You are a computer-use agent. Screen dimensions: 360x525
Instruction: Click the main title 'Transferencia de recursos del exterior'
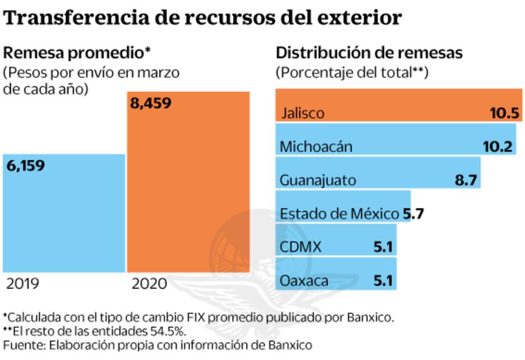click(x=203, y=17)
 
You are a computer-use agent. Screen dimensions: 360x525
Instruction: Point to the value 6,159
click(x=26, y=165)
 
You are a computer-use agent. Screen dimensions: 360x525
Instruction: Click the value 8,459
click(x=151, y=105)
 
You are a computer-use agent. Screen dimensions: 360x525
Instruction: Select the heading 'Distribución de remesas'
click(x=369, y=53)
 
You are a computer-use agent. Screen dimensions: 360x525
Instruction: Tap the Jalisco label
click(x=302, y=113)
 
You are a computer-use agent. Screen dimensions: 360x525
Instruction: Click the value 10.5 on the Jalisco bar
click(x=504, y=113)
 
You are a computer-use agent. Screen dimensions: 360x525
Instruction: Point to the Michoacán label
click(x=316, y=146)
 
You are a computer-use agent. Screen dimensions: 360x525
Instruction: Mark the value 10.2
click(x=498, y=146)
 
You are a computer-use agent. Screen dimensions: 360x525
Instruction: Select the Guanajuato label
click(x=318, y=180)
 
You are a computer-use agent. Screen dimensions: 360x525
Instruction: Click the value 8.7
click(x=466, y=180)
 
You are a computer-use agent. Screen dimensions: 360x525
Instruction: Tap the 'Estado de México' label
click(x=340, y=214)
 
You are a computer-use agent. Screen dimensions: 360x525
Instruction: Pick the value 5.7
click(x=413, y=214)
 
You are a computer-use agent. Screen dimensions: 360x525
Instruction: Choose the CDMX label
click(x=300, y=247)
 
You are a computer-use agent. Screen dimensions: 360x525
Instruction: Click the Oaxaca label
click(x=304, y=282)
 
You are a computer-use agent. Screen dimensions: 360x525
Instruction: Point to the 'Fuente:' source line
click(x=157, y=345)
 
